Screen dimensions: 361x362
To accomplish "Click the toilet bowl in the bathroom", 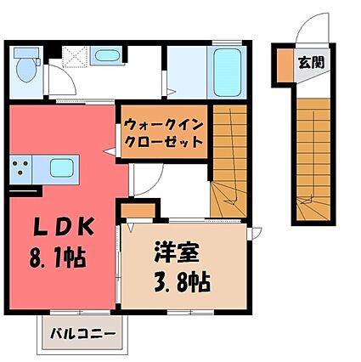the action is [26, 71].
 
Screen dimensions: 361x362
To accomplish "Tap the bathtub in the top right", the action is [227, 73].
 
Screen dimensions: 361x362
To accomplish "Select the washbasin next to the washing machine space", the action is [106, 55].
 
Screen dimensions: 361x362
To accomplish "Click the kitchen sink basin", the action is [62, 168].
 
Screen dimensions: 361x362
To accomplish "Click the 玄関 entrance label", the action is [311, 63].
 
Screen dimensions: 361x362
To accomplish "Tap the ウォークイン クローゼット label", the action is [164, 133].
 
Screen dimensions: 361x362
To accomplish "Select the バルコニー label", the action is [83, 334].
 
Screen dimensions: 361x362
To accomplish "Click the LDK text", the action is [64, 227].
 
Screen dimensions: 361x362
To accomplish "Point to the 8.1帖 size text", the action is [58, 257].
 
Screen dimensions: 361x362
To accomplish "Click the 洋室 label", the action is [177, 252].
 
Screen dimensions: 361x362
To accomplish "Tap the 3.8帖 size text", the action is [182, 282].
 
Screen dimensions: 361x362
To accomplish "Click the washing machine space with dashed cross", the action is [74, 57].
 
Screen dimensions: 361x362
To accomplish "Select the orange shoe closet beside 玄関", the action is [285, 65].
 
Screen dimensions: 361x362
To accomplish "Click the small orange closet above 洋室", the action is [138, 210].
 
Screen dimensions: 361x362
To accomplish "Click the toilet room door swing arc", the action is [69, 74].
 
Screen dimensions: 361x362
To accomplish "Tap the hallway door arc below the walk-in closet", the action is [155, 185].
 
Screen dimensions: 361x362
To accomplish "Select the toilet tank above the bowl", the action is [26, 53].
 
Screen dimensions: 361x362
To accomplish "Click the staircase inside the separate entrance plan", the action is [313, 160].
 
